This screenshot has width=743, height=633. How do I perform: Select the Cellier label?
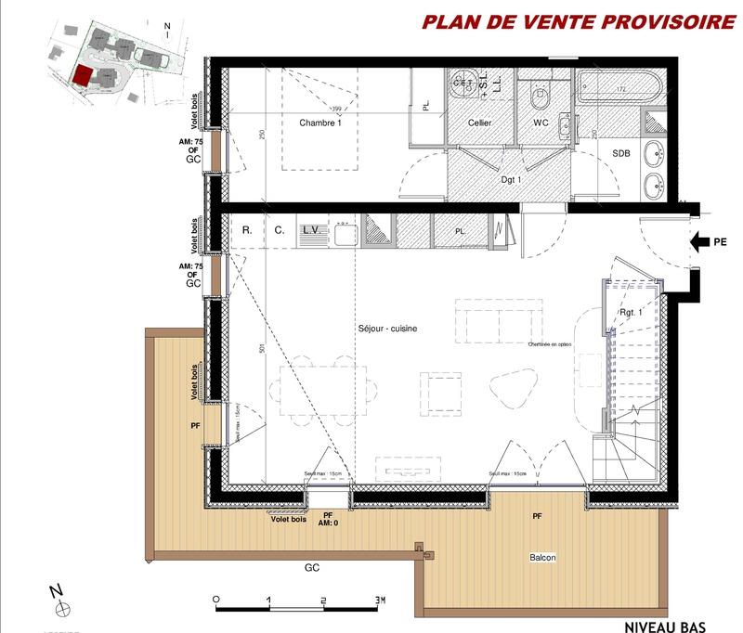click(x=479, y=123)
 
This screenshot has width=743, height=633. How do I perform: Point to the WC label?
click(x=541, y=123)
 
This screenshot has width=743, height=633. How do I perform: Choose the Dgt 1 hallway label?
click(x=510, y=179)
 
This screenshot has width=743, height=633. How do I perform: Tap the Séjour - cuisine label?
click(x=387, y=329)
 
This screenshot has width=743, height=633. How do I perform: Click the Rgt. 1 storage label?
click(x=632, y=313)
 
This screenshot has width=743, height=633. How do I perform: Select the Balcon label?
click(x=543, y=557)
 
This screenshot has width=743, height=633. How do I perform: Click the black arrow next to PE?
click(x=699, y=244)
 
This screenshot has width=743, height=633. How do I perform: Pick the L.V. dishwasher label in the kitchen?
click(x=310, y=228)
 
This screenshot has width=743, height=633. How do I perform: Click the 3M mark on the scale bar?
click(x=377, y=600)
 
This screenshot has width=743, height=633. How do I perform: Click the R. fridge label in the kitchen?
click(x=247, y=228)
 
